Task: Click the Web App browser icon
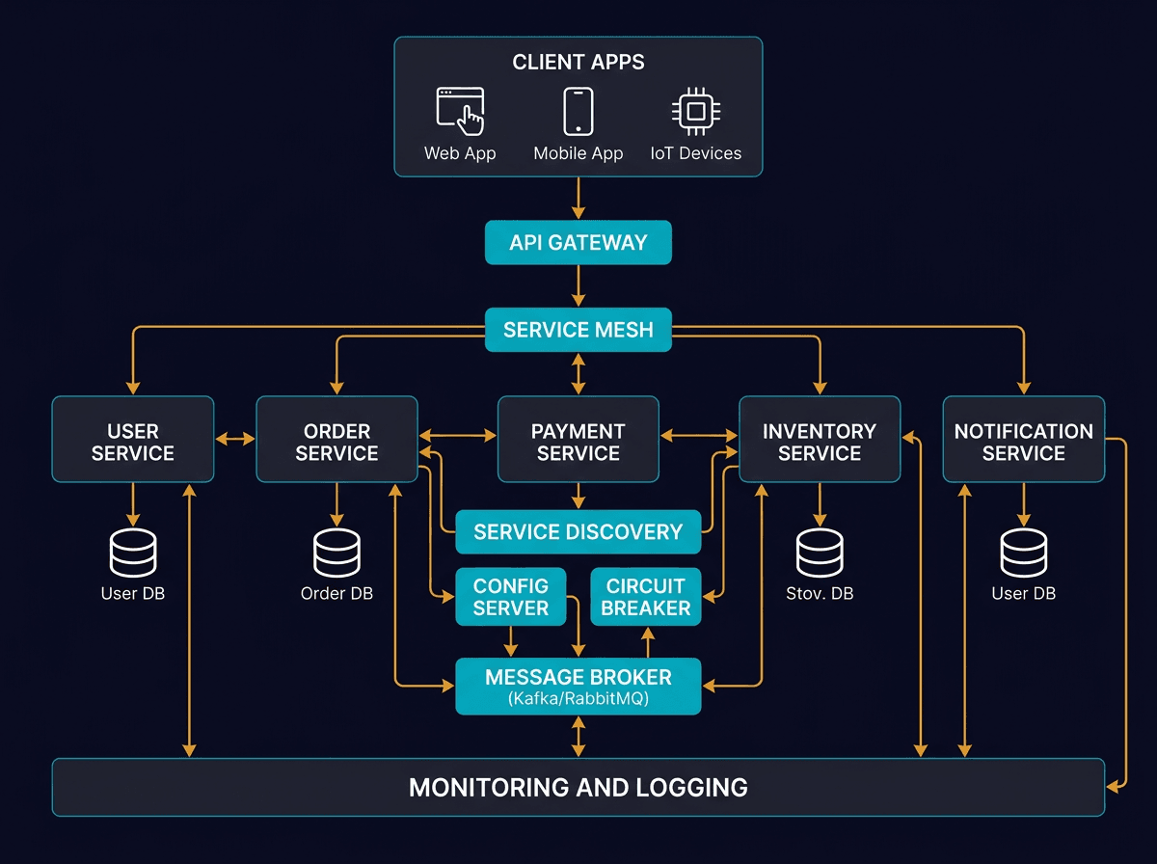point(460,111)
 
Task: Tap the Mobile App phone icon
point(578,111)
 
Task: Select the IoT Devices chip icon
point(695,111)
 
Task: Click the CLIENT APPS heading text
point(578,63)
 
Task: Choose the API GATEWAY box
point(578,242)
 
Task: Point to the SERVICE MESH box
point(578,330)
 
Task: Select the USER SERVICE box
point(133,440)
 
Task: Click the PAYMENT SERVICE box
point(578,440)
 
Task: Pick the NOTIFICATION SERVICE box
point(1023,440)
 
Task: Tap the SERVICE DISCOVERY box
point(578,531)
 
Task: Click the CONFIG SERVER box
point(510,597)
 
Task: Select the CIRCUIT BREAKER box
point(646,597)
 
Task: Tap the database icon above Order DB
point(336,553)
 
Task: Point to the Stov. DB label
point(820,593)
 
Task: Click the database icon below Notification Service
point(1023,553)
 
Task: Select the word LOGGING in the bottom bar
point(692,787)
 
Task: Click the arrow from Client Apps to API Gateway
point(578,198)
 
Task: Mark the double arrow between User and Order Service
point(235,440)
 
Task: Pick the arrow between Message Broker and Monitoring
point(578,737)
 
